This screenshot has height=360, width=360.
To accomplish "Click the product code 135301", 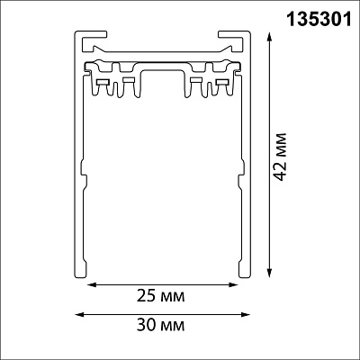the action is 319,20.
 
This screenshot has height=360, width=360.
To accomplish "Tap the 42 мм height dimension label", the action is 281,157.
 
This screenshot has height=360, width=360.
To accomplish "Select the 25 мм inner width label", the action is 161,296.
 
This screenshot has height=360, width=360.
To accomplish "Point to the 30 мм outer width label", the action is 161,325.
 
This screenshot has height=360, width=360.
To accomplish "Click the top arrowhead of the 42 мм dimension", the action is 270,38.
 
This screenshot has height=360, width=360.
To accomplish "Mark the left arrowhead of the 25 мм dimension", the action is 92,284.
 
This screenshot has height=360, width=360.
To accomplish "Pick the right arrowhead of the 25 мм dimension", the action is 233,284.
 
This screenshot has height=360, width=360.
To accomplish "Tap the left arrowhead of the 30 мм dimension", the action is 79,314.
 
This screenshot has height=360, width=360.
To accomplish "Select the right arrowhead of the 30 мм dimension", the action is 246,314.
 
